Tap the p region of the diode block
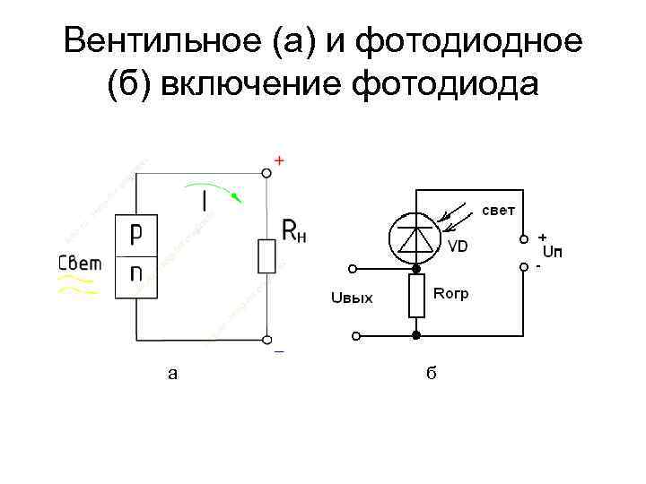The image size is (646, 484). [135, 234]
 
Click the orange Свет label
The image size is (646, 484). [81, 264]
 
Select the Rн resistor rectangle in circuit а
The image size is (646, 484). [266, 255]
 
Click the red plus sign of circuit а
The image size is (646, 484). [279, 160]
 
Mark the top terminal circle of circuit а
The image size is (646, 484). [266, 172]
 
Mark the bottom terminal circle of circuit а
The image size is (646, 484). [266, 340]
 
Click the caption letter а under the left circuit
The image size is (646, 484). [172, 374]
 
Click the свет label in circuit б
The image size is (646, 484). [499, 211]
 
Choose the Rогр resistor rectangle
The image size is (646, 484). [416, 297]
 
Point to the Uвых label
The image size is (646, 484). [352, 298]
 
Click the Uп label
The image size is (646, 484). [554, 251]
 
